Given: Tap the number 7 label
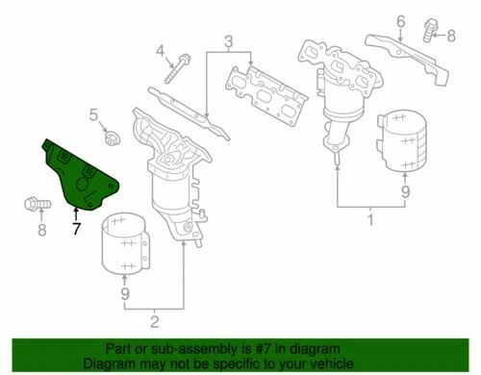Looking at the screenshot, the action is click(75, 230).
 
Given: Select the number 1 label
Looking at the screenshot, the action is click(370, 222).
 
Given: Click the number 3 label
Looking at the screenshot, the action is click(229, 40).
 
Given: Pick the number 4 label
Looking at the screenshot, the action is click(161, 51).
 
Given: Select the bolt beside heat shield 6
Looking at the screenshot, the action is click(426, 37).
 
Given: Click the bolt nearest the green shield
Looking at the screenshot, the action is click(33, 204).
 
